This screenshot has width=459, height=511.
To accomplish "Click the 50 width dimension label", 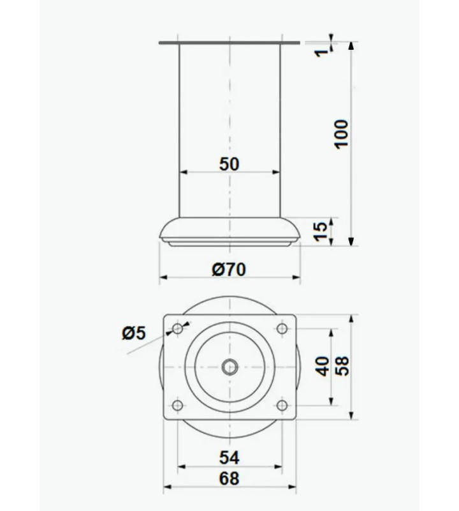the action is point(229,164).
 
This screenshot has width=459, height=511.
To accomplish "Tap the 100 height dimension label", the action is point(342,134).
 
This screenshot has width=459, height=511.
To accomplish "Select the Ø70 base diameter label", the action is point(229,270).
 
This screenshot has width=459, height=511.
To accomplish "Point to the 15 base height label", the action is point(321,231).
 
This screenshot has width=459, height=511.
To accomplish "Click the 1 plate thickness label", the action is point(322,52).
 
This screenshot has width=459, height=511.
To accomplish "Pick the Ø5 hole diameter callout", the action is point(134,333).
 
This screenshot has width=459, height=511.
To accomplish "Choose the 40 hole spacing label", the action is point(323,367).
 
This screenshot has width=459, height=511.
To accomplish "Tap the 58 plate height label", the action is point(342,367).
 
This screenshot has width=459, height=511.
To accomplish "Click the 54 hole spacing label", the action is point(229,457).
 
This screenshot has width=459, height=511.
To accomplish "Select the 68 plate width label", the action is point(229,478).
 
